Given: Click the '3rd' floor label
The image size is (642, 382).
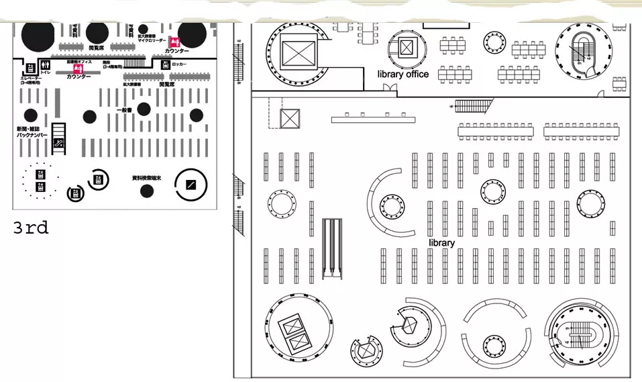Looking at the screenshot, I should (x=31, y=228).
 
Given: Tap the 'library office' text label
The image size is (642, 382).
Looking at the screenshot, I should (x=403, y=74).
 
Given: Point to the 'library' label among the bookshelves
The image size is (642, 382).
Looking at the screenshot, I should (x=442, y=242).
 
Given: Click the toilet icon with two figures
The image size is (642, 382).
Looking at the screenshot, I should (x=46, y=66).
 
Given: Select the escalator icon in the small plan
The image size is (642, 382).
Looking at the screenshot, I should (x=59, y=142).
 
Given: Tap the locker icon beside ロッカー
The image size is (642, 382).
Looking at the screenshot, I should (x=165, y=64).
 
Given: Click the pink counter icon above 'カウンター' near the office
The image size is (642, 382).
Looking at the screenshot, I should (x=78, y=68).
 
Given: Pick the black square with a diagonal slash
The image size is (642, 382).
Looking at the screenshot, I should (x=191, y=183).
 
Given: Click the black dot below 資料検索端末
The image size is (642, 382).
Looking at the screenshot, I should (x=146, y=191).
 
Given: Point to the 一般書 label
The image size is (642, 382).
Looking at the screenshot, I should (x=124, y=109).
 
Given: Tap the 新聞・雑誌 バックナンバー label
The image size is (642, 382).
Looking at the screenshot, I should (x=32, y=132).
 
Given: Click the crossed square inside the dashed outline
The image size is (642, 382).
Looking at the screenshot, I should (x=290, y=119).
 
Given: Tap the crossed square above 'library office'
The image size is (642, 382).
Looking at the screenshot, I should (x=407, y=47).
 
